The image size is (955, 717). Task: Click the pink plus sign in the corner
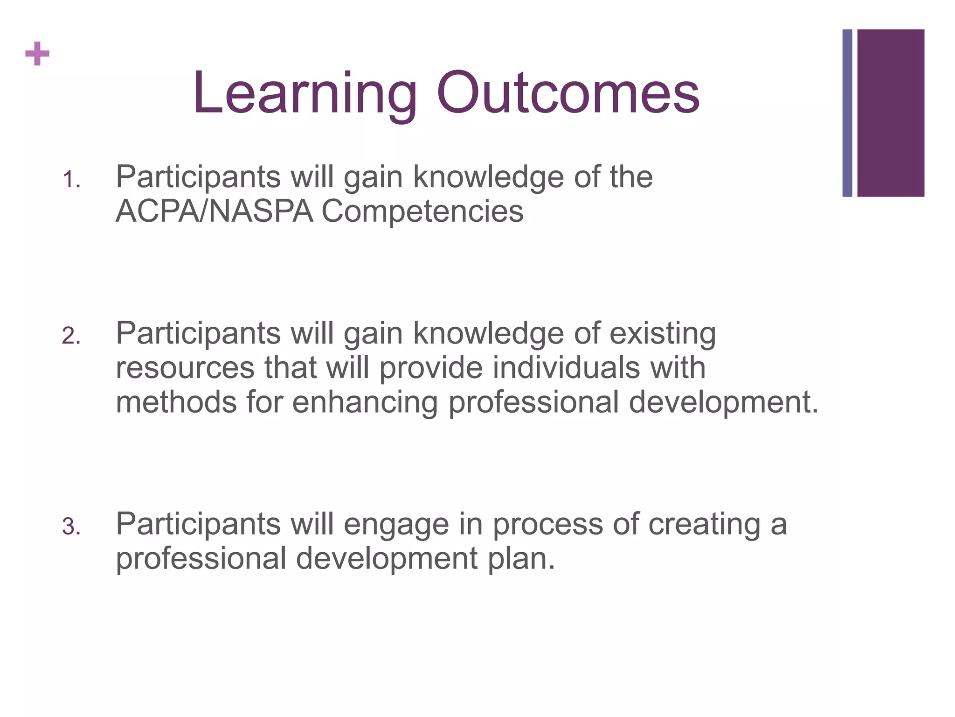tap(37, 54)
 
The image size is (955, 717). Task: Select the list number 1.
tap(71, 180)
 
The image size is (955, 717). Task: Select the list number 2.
tap(71, 337)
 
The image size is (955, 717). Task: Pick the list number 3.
tap(71, 527)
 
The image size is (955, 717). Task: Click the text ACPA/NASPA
tap(214, 211)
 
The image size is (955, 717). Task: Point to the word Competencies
tap(422, 211)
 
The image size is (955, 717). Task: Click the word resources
tap(185, 368)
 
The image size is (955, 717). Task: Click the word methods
tap(176, 402)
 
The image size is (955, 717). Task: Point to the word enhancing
tap(365, 403)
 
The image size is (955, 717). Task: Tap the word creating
tap(704, 525)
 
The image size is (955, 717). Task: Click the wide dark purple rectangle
tap(891, 113)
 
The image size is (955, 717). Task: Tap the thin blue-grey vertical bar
tap(847, 113)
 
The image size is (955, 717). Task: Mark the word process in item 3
tap(548, 525)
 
